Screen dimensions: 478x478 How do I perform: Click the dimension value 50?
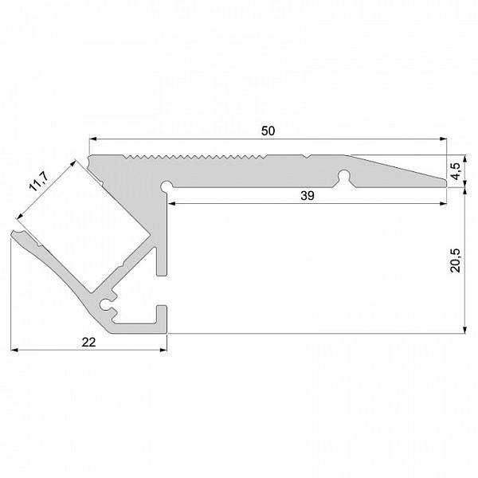pos(268,131)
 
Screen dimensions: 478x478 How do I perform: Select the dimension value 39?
pos(308,196)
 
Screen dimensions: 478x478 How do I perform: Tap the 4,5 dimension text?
pos(456,171)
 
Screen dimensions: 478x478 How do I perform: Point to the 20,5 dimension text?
pos(456,261)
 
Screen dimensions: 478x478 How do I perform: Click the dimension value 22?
pos(88,343)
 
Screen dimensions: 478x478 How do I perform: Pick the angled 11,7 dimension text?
pos(38,182)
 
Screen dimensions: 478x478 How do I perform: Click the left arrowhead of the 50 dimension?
pos(92,139)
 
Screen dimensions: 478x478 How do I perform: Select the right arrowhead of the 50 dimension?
pos(443,139)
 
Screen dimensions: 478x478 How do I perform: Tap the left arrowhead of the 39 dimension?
pos(171,203)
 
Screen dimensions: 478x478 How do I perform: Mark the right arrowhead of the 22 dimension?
pos(163,350)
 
